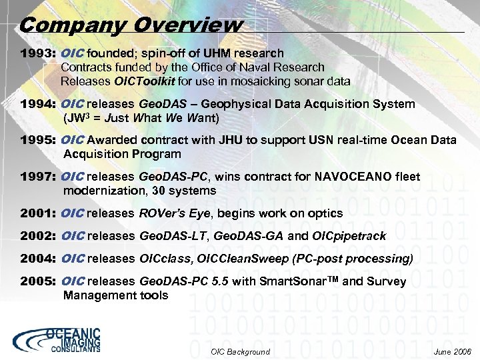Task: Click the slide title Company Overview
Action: [131, 25]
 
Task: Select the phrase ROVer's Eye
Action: [172, 214]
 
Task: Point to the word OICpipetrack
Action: [349, 236]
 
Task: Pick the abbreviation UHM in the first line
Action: [221, 53]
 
